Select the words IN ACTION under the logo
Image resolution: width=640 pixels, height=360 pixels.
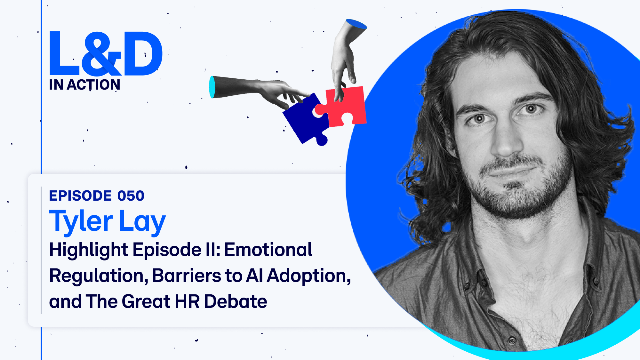(85, 85)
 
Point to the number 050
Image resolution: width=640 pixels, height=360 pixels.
(131, 196)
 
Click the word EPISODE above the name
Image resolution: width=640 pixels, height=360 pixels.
(80, 196)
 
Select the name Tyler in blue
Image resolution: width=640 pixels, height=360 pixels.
(81, 222)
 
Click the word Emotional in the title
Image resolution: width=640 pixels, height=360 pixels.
(268, 250)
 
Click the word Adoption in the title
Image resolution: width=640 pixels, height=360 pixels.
(309, 276)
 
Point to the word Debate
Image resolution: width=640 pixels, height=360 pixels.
(236, 301)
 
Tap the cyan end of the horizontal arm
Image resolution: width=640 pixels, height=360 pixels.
(212, 87)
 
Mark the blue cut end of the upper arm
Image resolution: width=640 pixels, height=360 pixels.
(357, 24)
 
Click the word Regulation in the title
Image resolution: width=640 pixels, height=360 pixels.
(99, 276)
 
